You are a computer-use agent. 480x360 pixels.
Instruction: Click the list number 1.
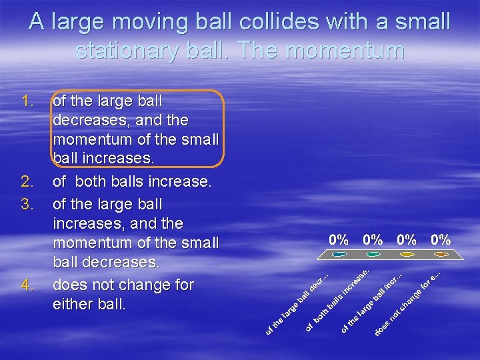(x=27, y=101)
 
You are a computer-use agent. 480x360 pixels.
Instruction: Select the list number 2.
(x=27, y=181)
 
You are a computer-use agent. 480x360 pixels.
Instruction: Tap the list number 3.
(x=27, y=203)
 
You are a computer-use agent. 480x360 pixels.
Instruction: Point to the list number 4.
(x=27, y=285)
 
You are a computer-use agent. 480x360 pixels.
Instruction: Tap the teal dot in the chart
(x=340, y=254)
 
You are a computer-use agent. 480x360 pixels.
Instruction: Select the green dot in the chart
(x=373, y=254)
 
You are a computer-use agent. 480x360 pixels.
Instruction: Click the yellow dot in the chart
(x=407, y=254)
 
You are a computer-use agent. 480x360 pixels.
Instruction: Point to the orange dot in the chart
(x=439, y=254)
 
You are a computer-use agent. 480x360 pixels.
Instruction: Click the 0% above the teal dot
(x=339, y=239)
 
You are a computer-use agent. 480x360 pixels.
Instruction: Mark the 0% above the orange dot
(x=440, y=239)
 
